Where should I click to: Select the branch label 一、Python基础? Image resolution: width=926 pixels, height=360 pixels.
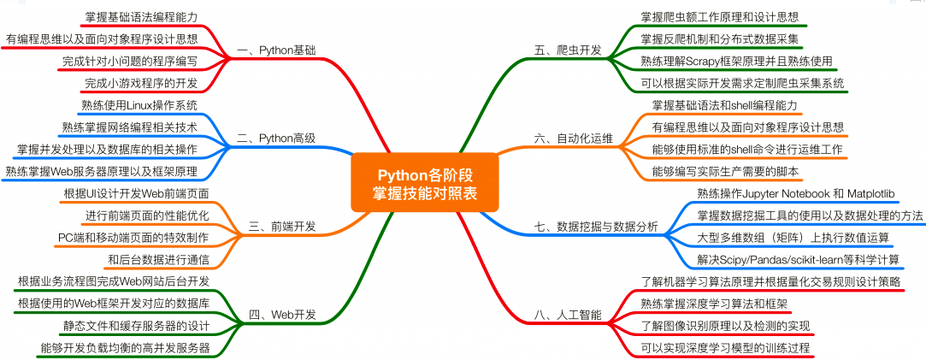pyautogui.click(x=275, y=50)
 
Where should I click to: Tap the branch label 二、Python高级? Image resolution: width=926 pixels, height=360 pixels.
pyautogui.click(x=275, y=138)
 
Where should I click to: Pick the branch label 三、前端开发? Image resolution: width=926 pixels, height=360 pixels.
pyautogui.click(x=282, y=227)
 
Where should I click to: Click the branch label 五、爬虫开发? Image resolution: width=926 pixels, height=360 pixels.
pyautogui.click(x=568, y=50)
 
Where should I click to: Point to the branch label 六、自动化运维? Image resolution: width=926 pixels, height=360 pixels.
pyautogui.click(x=574, y=138)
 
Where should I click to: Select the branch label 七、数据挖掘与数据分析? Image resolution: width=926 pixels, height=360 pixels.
pyautogui.click(x=596, y=227)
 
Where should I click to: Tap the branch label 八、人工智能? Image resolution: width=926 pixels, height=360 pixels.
pyautogui.click(x=568, y=315)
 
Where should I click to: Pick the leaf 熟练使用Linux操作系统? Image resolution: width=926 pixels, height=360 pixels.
pyautogui.click(x=139, y=105)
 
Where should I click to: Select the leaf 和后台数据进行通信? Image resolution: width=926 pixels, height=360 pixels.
pyautogui.click(x=158, y=258)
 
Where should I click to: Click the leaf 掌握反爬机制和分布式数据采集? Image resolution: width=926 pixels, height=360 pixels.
pyautogui.click(x=719, y=38)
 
